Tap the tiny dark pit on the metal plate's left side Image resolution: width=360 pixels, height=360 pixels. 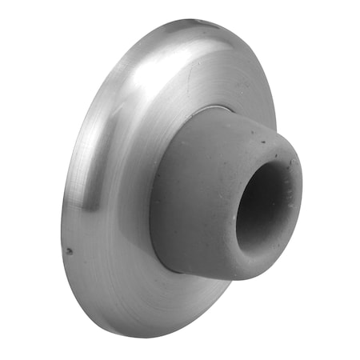click(x=69, y=250)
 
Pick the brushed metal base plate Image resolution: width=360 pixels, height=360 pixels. click(x=112, y=240)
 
